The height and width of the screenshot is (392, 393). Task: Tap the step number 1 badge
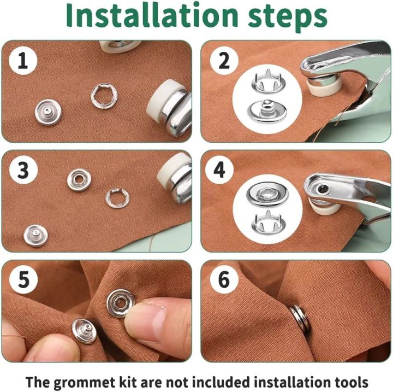coord(22,61)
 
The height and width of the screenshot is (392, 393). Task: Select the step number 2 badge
coord(224,61)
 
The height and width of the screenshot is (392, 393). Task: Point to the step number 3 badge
coord(22,171)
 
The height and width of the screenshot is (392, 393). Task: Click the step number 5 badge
coord(22,281)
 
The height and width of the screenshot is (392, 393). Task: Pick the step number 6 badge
coord(224,281)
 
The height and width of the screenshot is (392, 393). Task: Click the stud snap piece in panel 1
coord(48,112)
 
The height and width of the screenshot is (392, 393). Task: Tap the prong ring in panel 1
coord(104,95)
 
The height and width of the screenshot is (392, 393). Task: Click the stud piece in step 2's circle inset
coord(267,110)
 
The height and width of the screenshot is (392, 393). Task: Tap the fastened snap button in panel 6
coord(300,319)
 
